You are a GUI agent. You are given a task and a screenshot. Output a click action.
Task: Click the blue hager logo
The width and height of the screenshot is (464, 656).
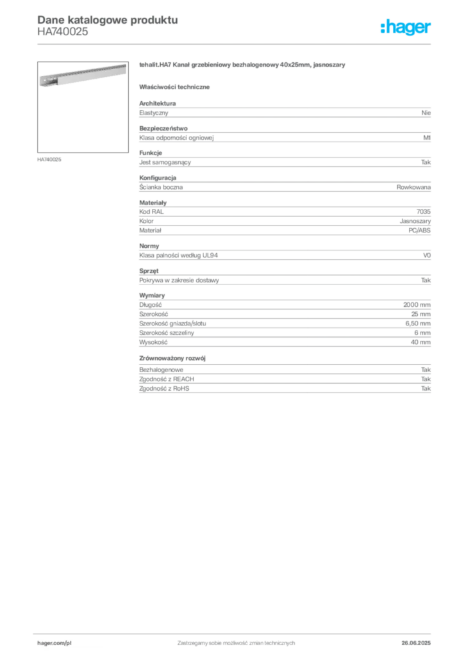406,28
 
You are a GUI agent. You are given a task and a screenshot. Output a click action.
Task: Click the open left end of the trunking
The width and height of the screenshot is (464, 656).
45,82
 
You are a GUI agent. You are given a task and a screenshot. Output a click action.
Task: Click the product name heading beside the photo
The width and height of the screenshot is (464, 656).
244,66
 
